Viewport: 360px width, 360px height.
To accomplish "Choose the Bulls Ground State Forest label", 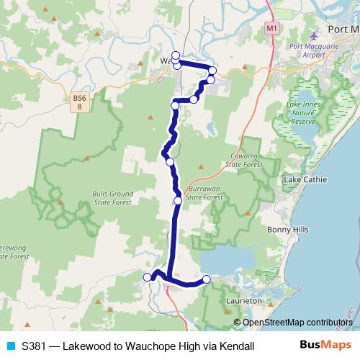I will point(113,199).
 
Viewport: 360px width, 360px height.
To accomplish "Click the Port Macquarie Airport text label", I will point(314,54).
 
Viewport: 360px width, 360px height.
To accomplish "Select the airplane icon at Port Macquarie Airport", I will point(312,35).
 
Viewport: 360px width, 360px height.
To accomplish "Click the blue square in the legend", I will point(10,346).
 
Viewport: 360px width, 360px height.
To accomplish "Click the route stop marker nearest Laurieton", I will point(207,279).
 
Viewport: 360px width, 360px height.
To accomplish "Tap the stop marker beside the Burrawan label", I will point(177,201).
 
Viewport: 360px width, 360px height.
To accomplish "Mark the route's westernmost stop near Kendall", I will point(148,277).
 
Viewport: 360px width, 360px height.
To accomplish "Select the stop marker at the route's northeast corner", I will point(212,70).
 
